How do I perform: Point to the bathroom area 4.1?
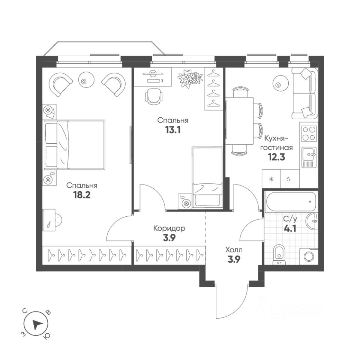290,228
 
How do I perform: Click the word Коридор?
169,228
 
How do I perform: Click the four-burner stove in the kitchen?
309,132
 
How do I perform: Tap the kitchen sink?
309,154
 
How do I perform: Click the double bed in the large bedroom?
74,144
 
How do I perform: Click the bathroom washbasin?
312,220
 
